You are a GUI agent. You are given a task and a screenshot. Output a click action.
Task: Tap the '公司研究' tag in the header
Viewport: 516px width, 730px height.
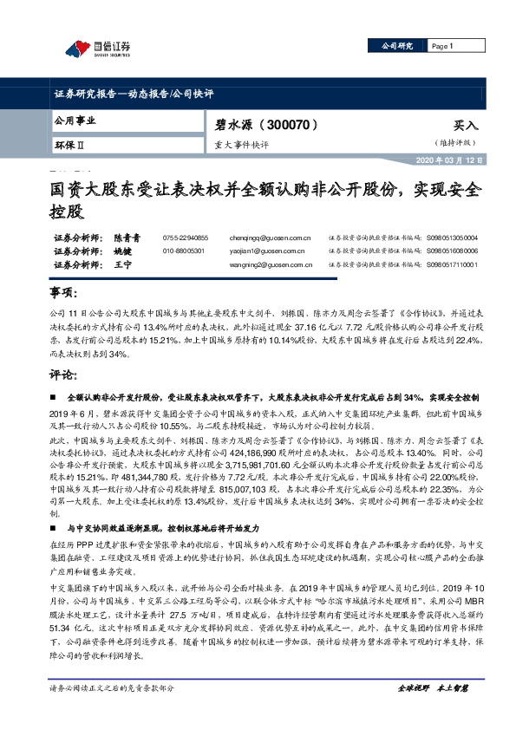391,45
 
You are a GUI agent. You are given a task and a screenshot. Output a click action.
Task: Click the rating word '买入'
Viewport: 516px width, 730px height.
463,125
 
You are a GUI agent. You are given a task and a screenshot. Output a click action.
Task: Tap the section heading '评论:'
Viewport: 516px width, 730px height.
63,376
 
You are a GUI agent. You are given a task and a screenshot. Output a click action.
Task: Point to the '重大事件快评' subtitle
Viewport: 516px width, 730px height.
244,145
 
